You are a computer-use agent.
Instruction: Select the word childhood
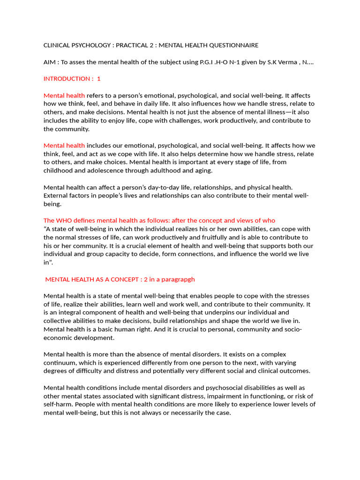coord(59,171)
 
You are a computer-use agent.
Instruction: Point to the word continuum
coord(60,362)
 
